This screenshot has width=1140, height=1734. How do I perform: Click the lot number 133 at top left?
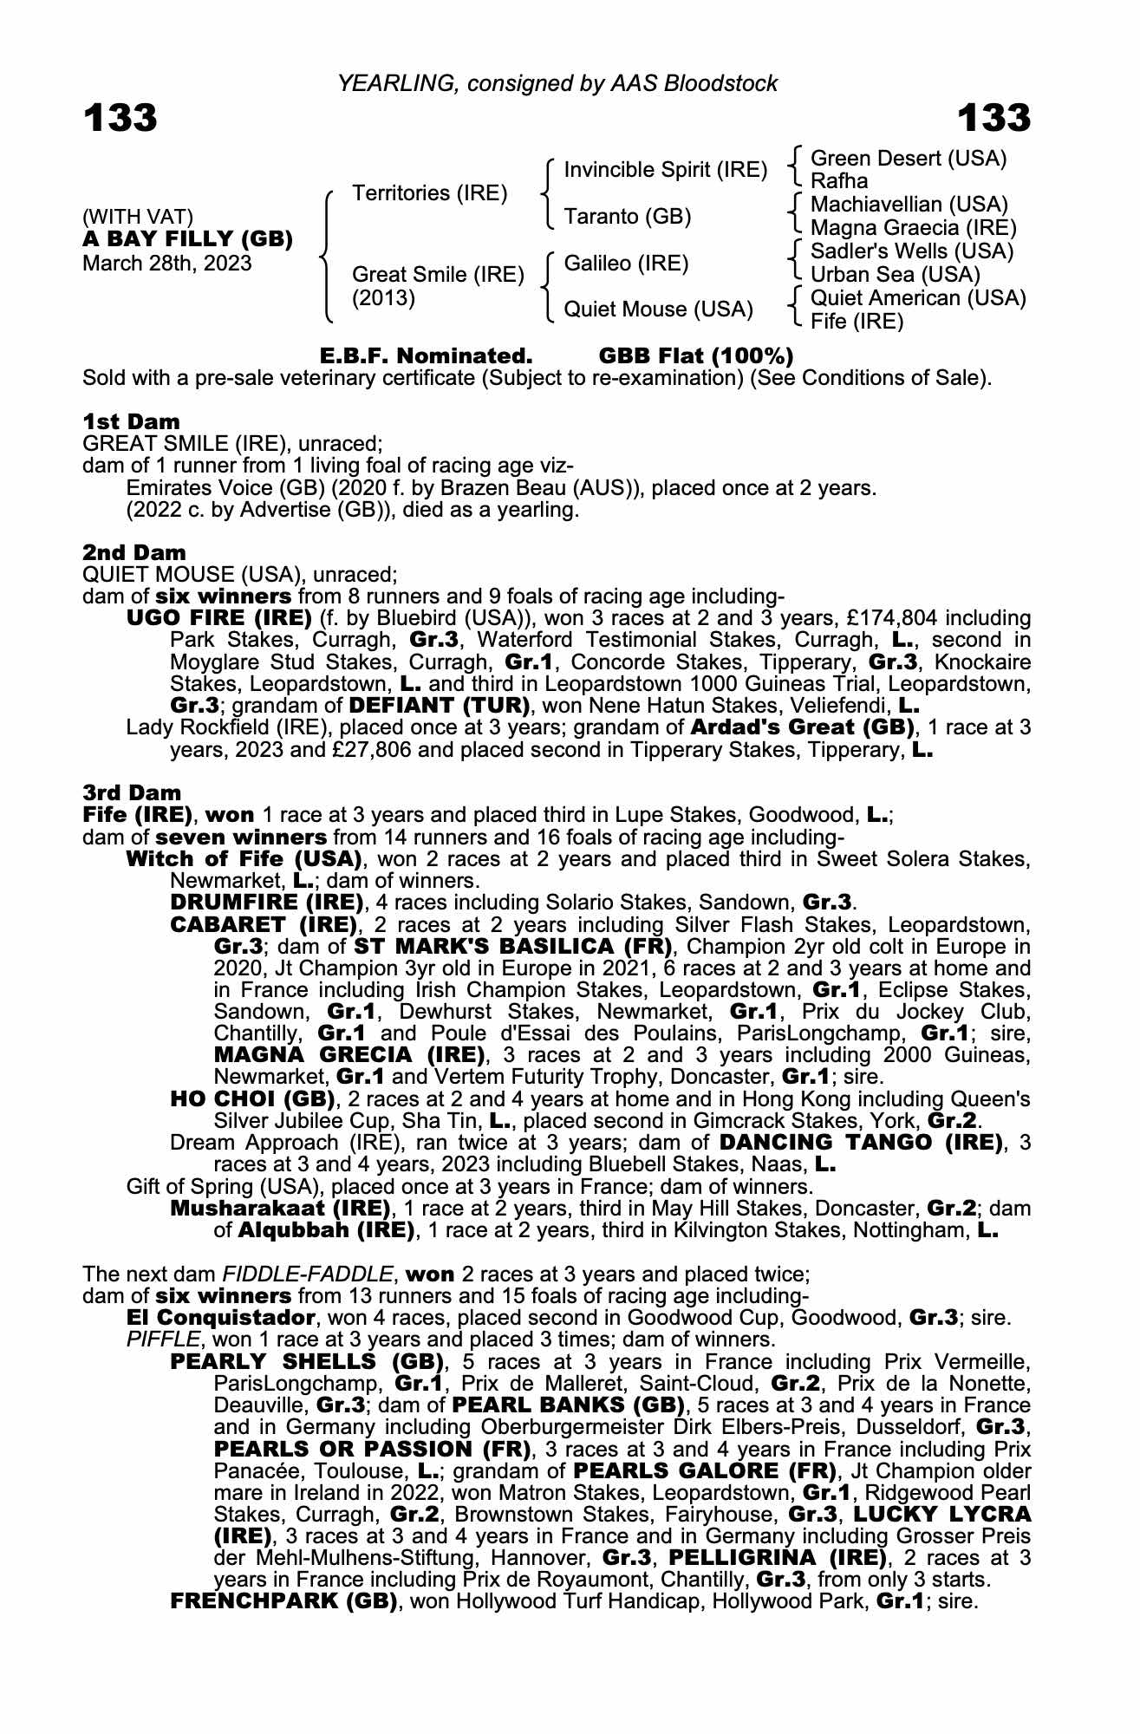(121, 118)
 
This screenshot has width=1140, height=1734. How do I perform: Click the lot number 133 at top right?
(993, 118)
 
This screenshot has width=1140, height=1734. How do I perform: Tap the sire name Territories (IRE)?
(429, 192)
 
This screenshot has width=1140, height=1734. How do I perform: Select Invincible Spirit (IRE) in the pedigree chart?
(665, 170)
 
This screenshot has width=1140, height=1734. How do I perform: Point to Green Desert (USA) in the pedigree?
(908, 159)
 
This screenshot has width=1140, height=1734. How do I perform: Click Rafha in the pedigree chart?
(838, 181)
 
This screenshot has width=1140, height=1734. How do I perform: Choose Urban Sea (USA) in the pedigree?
(895, 275)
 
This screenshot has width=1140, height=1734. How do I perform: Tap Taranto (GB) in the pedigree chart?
(627, 217)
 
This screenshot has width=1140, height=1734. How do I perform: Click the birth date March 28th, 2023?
(166, 264)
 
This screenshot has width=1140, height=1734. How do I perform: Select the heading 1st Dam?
(131, 422)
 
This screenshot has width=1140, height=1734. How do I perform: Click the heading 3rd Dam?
(132, 792)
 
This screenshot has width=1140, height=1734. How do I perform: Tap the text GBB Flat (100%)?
(696, 356)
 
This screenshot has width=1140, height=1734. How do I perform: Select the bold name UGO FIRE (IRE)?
(218, 619)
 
